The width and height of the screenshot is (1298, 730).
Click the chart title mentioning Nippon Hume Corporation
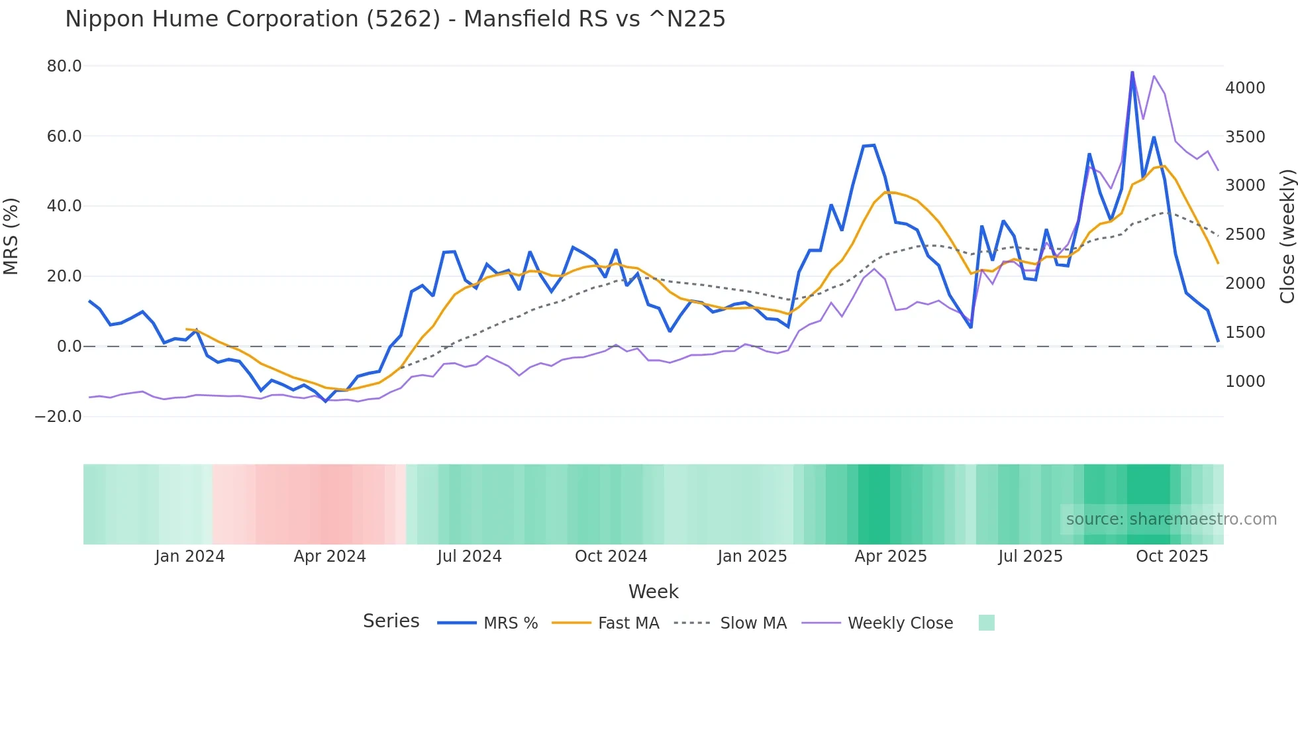395,19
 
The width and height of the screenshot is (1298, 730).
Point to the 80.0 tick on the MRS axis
64,66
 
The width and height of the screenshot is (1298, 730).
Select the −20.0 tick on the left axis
58,417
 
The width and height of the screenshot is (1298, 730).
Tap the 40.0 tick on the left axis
64,206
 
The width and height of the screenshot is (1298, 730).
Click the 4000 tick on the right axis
1245,88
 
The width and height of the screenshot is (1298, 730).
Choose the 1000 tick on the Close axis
1245,382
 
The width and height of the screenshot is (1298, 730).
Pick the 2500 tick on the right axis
1245,235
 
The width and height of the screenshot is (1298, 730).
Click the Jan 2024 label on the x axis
189,556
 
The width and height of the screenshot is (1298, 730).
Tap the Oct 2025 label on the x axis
1172,556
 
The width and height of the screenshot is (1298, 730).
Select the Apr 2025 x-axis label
890,556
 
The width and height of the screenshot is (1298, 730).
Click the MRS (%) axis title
11,236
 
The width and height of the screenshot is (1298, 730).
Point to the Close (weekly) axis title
1287,236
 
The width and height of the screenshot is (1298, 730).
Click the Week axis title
653,592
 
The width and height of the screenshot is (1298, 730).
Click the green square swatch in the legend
986,623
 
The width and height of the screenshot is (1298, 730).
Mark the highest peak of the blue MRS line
1132,72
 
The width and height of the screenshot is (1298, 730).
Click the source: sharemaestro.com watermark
1171,519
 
